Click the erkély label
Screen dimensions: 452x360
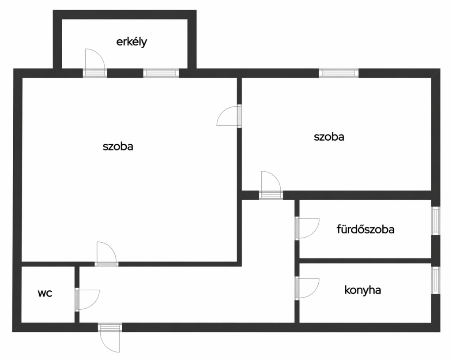point(132,42)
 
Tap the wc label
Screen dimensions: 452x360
point(45,293)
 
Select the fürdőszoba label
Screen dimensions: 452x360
point(365,229)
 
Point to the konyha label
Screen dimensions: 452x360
point(363,290)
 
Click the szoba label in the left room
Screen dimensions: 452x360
point(118,146)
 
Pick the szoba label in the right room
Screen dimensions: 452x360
point(329,136)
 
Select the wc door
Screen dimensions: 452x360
point(87,300)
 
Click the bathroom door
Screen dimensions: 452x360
point(307,229)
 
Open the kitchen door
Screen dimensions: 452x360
point(307,288)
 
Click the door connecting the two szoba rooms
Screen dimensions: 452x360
point(229,116)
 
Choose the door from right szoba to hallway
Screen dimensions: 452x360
point(271,185)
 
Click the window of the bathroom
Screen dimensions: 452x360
point(436,221)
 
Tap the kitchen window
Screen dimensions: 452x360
point(436,280)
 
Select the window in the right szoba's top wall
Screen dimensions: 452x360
point(339,73)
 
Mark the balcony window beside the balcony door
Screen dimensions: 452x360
point(161,73)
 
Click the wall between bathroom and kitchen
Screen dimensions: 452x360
point(365,261)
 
